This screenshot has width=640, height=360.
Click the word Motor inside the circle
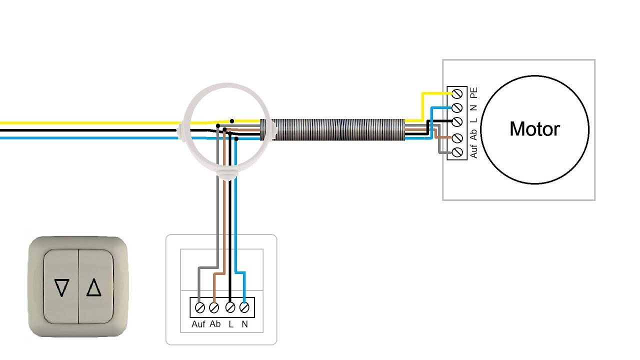pyautogui.click(x=534, y=129)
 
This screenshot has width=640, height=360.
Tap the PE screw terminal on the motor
pyautogui.click(x=457, y=93)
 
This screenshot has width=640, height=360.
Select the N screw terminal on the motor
pyautogui.click(x=457, y=107)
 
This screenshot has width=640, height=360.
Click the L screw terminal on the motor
pyautogui.click(x=457, y=121)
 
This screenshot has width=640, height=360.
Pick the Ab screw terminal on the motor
pyautogui.click(x=457, y=138)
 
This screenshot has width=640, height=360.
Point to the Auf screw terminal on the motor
pyautogui.click(x=457, y=152)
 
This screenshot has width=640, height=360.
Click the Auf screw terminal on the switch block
pyautogui.click(x=199, y=307)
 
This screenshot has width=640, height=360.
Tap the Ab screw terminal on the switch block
pyautogui.click(x=214, y=307)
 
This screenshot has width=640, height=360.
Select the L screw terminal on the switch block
pyautogui.click(x=230, y=307)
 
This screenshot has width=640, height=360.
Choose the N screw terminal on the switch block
pyautogui.click(x=244, y=307)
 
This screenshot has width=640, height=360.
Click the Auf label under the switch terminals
pyautogui.click(x=198, y=324)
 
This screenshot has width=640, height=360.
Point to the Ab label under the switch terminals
pyautogui.click(x=215, y=324)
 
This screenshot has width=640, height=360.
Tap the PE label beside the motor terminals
pyautogui.click(x=473, y=92)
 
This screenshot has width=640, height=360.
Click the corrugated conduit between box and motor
pyautogui.click(x=337, y=129)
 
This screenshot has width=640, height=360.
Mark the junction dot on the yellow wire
pyautogui.click(x=232, y=121)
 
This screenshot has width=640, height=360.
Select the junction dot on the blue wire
pyautogui.click(x=236, y=139)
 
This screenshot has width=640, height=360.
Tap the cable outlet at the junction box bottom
pyautogui.click(x=227, y=174)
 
